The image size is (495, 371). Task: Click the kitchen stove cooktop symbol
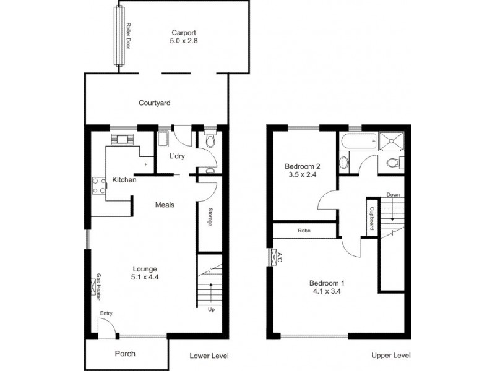click(x=98, y=184)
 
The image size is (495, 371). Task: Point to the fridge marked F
click(x=146, y=165)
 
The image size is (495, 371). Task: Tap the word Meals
click(x=165, y=205)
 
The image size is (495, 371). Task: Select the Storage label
click(x=210, y=218)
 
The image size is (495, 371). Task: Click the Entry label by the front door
click(x=107, y=313)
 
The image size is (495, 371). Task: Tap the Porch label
click(x=125, y=354)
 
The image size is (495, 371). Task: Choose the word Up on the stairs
click(x=212, y=310)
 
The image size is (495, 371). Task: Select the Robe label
click(x=304, y=231)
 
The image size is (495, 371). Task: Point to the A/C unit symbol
click(x=273, y=256)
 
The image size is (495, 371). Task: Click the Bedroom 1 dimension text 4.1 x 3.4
click(x=327, y=291)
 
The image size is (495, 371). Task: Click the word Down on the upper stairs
click(x=393, y=194)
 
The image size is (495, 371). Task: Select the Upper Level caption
click(x=390, y=356)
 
